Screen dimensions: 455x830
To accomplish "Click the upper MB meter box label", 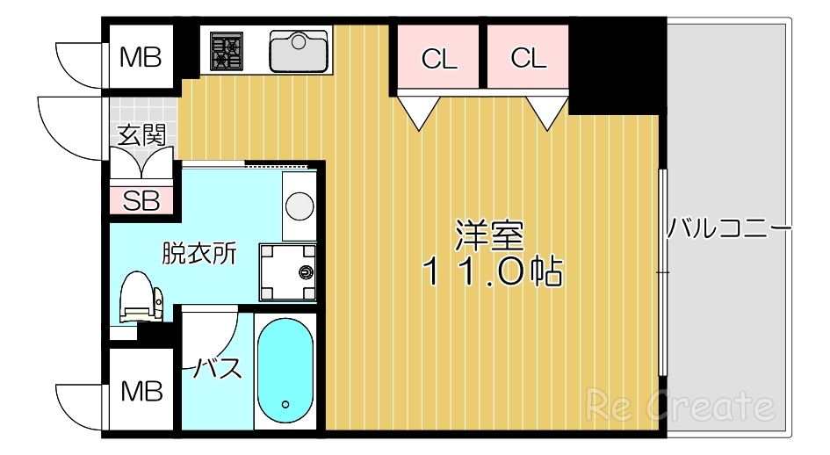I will (x=141, y=58).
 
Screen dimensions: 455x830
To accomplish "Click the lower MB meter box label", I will (x=141, y=390).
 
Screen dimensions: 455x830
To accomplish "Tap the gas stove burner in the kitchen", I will (x=227, y=50).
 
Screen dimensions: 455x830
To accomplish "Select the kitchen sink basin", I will (x=299, y=51).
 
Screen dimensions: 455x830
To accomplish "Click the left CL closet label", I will (x=439, y=59).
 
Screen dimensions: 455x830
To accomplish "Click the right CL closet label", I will (x=528, y=59).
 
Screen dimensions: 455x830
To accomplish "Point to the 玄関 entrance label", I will (x=141, y=135).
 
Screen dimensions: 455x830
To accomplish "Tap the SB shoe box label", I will (x=141, y=201).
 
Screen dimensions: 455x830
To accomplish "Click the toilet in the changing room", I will (x=139, y=298).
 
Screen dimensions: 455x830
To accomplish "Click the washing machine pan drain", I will (x=307, y=271).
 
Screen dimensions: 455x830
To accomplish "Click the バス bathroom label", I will (x=216, y=368).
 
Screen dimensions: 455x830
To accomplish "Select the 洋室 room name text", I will (x=490, y=235).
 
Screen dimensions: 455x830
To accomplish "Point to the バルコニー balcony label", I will (x=728, y=230).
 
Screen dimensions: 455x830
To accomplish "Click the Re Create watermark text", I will (x=682, y=406).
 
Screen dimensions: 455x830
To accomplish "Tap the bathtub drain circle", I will (x=285, y=405).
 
